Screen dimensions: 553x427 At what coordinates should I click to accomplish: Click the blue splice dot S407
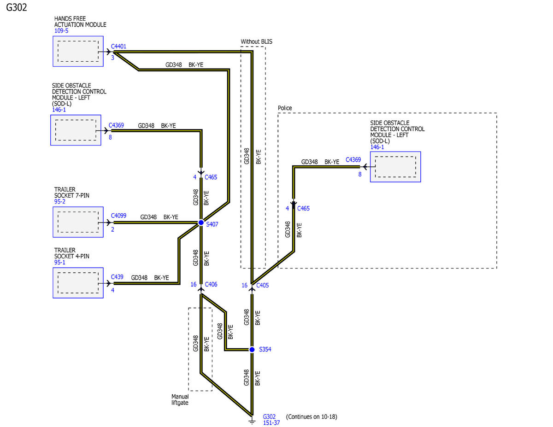[x=201, y=222]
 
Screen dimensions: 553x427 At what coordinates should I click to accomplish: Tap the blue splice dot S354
[x=252, y=350]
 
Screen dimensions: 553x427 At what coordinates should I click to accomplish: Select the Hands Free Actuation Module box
[x=78, y=52]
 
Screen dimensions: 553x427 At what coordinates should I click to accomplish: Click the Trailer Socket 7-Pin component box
[x=78, y=222]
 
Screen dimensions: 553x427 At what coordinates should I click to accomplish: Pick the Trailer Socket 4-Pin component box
[x=78, y=283]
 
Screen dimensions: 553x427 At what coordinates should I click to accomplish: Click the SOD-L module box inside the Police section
[x=395, y=167]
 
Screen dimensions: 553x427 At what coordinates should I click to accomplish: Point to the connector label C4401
[x=118, y=46]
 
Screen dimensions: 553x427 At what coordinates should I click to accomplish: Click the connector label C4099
[x=118, y=216]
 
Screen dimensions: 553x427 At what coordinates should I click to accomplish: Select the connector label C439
[x=117, y=277]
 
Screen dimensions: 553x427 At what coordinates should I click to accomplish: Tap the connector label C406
[x=211, y=284]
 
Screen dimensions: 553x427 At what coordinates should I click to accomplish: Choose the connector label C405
[x=262, y=285]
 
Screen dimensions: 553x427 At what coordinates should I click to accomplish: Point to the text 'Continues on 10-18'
[x=312, y=417]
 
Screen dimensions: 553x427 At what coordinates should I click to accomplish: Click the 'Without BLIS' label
[x=256, y=41]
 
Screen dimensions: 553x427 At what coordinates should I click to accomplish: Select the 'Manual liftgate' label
[x=180, y=399]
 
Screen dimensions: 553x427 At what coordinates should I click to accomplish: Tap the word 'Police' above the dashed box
[x=285, y=108]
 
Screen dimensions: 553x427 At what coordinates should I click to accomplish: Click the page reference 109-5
[x=61, y=31]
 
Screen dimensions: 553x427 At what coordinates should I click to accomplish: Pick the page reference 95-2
[x=59, y=201]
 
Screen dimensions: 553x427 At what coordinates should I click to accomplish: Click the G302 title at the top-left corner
[x=17, y=7]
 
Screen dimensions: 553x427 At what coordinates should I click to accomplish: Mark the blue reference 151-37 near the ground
[x=271, y=423]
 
